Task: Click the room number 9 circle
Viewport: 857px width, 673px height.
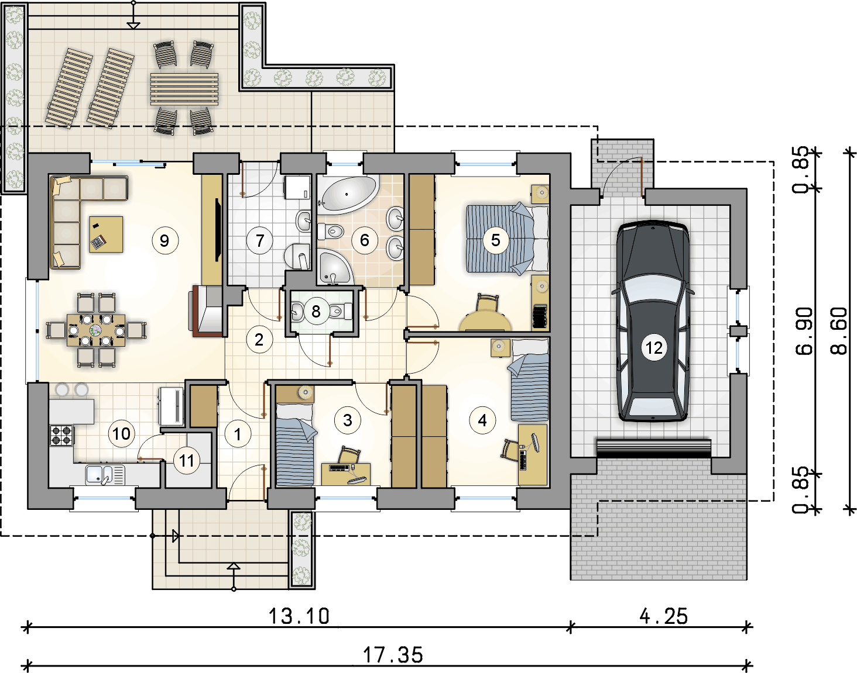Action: pos(165,241)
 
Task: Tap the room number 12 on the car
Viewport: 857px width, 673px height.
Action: pos(654,348)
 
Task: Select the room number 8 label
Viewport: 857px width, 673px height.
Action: pos(316,312)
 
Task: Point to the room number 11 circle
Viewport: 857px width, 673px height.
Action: pos(187,461)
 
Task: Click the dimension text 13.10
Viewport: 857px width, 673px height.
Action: pos(299,616)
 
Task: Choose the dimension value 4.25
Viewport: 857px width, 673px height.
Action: pos(663,616)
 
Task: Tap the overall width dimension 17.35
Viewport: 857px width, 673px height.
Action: pos(393,655)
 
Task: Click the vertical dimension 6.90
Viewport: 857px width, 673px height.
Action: pos(804,331)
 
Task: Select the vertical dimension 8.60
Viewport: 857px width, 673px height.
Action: pos(839,331)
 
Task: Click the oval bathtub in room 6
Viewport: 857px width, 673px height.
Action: pos(348,194)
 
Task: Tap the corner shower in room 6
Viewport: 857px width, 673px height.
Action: pos(334,267)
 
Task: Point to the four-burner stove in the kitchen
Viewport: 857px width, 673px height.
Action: pos(61,435)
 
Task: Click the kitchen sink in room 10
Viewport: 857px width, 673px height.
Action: pos(105,475)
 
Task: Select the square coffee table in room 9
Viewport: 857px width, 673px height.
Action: pos(106,234)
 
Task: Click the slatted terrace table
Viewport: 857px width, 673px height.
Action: pos(184,89)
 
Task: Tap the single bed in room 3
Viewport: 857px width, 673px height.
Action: pos(295,445)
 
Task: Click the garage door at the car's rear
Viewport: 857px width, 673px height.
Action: pos(653,448)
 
